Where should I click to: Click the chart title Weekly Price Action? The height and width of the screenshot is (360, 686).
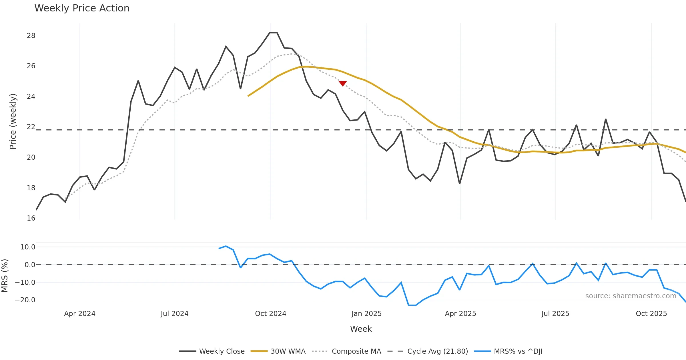(x=82, y=8)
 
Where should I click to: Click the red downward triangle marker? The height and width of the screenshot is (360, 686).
(x=343, y=83)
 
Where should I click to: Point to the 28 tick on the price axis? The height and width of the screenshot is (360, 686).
(x=31, y=36)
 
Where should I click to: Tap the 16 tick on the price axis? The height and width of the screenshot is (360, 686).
(x=31, y=218)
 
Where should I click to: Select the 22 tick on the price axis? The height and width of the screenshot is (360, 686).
(x=31, y=127)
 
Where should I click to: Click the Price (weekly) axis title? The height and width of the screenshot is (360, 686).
(x=13, y=121)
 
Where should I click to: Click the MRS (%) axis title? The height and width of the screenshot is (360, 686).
(x=5, y=276)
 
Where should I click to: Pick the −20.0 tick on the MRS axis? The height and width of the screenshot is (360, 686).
(x=25, y=300)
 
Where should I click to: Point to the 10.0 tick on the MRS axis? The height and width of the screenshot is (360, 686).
(x=28, y=247)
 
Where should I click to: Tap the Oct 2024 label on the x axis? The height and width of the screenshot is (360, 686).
(x=270, y=314)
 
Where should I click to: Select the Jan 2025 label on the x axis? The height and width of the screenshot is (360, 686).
(x=366, y=314)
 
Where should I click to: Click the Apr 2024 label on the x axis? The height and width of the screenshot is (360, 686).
(x=80, y=314)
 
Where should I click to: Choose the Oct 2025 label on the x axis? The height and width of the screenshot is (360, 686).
(x=651, y=314)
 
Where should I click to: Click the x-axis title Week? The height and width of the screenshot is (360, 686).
(x=361, y=329)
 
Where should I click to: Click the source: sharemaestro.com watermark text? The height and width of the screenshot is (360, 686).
(x=631, y=296)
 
